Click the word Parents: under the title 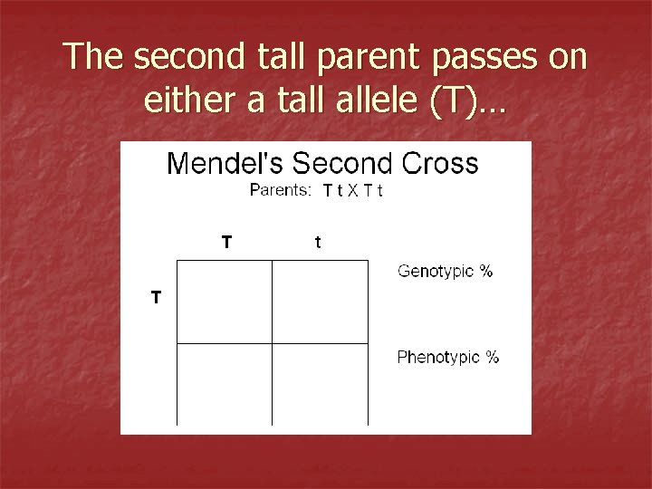280,189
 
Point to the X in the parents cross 353,190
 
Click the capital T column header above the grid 226,242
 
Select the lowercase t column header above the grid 317,242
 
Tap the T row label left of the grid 157,297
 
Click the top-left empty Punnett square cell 224,302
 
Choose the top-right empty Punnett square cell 320,302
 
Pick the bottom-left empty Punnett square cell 224,384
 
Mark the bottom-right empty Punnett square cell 320,384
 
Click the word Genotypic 436,272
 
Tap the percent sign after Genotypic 486,271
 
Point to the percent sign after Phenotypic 492,357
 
